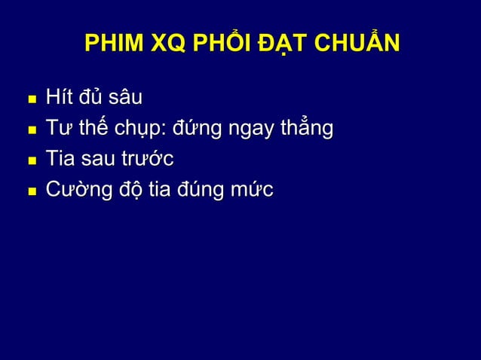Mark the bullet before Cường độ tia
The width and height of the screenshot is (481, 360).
coord(29,191)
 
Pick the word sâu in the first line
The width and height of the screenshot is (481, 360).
coord(125,99)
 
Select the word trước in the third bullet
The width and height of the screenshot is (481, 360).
coord(147,160)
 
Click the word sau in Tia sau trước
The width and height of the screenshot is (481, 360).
coord(99,160)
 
